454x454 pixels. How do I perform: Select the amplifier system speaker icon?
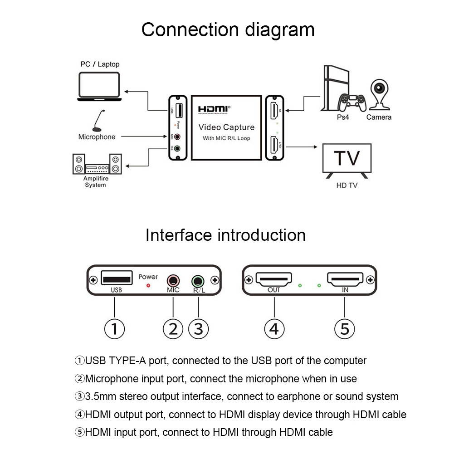(97, 164)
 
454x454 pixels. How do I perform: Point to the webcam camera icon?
(379, 95)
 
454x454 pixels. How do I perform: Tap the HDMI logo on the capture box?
(214, 109)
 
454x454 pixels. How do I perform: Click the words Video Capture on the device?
(226, 127)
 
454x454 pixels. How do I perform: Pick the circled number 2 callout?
(173, 328)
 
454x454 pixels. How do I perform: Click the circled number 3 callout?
(198, 328)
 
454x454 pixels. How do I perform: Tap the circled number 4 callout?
(274, 328)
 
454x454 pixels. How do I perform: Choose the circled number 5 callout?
(345, 328)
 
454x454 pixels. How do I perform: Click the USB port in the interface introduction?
(116, 278)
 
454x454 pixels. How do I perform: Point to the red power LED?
(148, 286)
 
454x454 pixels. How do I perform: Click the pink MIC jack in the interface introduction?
(173, 280)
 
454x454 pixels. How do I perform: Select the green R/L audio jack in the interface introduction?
(198, 280)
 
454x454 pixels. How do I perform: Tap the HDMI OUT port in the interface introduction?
(274, 278)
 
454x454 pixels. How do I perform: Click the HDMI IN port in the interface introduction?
(345, 278)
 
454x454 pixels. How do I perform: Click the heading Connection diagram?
(228, 30)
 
